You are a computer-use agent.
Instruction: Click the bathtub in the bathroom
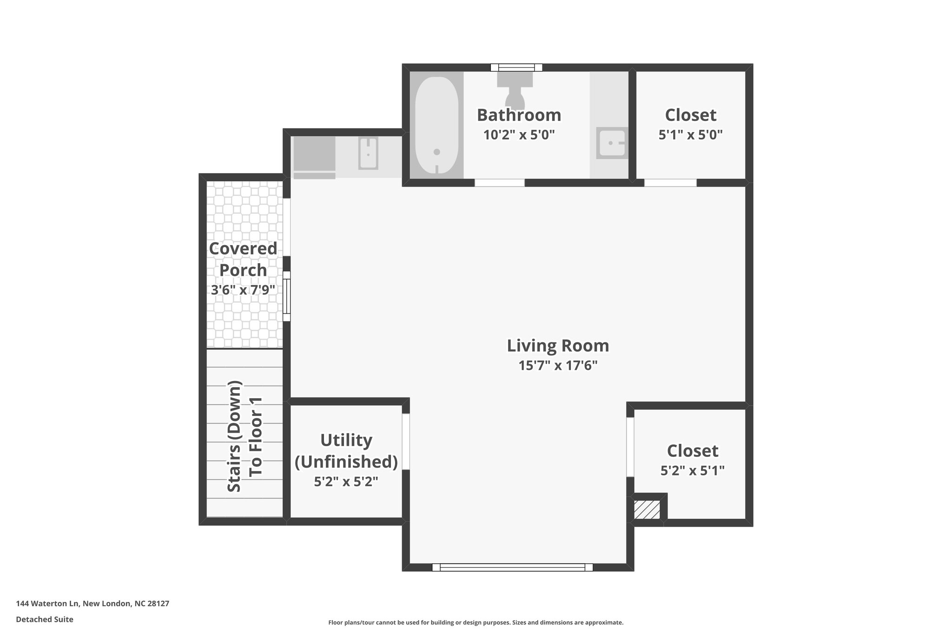point(436,126)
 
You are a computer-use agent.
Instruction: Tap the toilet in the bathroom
point(515,93)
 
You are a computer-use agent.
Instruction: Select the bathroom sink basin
point(612,143)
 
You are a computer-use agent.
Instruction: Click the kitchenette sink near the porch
point(368,154)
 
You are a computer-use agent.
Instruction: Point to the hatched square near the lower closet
point(647,510)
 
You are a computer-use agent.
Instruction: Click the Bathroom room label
point(519,115)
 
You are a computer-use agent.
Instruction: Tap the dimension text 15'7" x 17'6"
point(558,366)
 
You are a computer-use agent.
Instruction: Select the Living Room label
point(558,346)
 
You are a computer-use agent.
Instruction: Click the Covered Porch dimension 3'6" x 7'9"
point(243,290)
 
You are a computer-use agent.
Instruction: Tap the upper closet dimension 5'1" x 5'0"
point(690,135)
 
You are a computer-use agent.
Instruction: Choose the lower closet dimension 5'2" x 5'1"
point(692,471)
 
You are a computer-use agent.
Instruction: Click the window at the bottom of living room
point(512,567)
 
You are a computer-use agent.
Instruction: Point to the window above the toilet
point(516,67)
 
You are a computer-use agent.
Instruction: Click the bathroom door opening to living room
point(499,183)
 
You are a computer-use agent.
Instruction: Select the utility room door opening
point(406,441)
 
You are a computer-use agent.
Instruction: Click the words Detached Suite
point(45,619)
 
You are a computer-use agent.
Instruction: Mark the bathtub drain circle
point(436,152)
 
